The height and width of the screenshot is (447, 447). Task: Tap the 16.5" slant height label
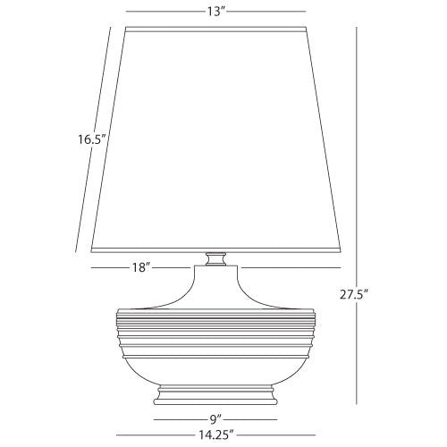91,139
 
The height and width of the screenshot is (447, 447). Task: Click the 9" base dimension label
215,417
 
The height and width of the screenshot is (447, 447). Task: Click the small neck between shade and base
215,259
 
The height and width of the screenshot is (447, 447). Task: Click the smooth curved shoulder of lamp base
215,291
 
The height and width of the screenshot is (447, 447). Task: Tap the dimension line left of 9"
179,417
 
